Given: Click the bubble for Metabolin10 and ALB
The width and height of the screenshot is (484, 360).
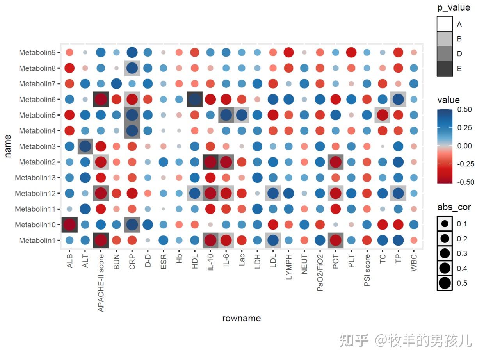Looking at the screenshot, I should [x=69, y=225].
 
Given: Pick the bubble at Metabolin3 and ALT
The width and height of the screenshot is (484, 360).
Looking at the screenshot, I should [x=85, y=146].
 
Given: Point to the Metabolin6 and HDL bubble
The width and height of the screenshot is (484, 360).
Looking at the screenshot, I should [x=195, y=99].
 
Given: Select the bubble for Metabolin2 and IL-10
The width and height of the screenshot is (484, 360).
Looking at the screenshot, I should [x=210, y=162].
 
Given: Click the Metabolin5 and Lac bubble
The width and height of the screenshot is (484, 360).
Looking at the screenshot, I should [x=242, y=115].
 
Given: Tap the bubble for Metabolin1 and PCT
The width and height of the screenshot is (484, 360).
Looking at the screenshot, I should [x=335, y=240].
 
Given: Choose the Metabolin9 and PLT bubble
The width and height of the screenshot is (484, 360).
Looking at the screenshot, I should [x=351, y=52].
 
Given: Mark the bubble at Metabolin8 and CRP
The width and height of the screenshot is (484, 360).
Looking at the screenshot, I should [x=132, y=68].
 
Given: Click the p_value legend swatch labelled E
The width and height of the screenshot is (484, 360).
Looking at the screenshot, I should [x=445, y=68].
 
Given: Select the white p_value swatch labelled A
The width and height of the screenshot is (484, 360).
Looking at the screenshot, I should [x=445, y=24].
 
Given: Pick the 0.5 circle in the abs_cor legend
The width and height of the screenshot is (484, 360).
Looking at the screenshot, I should [x=445, y=283].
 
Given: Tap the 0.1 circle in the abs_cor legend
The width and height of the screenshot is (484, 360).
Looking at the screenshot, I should [x=445, y=224].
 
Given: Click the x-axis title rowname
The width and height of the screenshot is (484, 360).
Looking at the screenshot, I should [x=241, y=318].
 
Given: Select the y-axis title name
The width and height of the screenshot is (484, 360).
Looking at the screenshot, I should [x=8, y=146].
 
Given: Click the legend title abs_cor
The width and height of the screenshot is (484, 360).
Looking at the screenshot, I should [x=454, y=207].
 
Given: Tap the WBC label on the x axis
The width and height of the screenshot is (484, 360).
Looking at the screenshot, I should [x=414, y=262].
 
